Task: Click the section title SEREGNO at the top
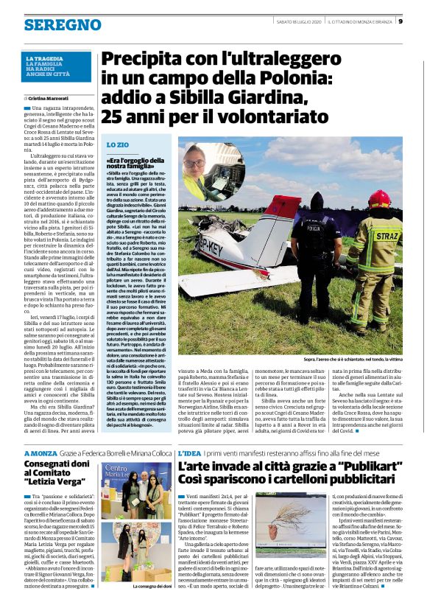click(x=52, y=25)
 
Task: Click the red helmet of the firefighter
click(x=378, y=198)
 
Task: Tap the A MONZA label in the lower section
click(x=40, y=432)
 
